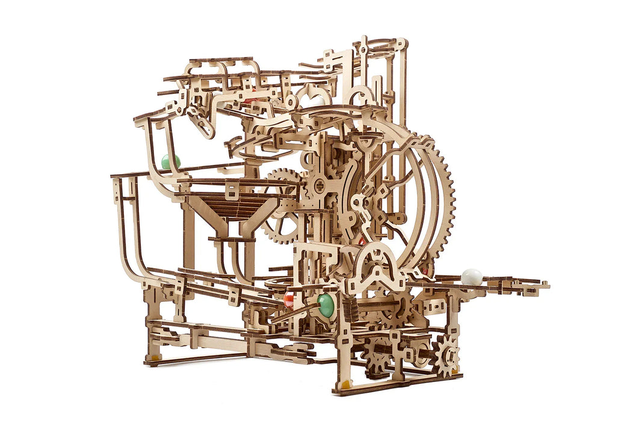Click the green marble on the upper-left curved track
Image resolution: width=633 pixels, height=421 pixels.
pos(170,161)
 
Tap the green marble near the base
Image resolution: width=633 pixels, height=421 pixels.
pos(326,305)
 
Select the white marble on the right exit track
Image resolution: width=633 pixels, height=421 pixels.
pos(472,277)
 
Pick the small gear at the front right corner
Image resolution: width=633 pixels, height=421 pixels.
pos(445,355)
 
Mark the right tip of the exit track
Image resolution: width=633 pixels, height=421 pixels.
pos(545,285)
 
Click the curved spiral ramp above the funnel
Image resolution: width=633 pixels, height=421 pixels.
pos(253,144)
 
